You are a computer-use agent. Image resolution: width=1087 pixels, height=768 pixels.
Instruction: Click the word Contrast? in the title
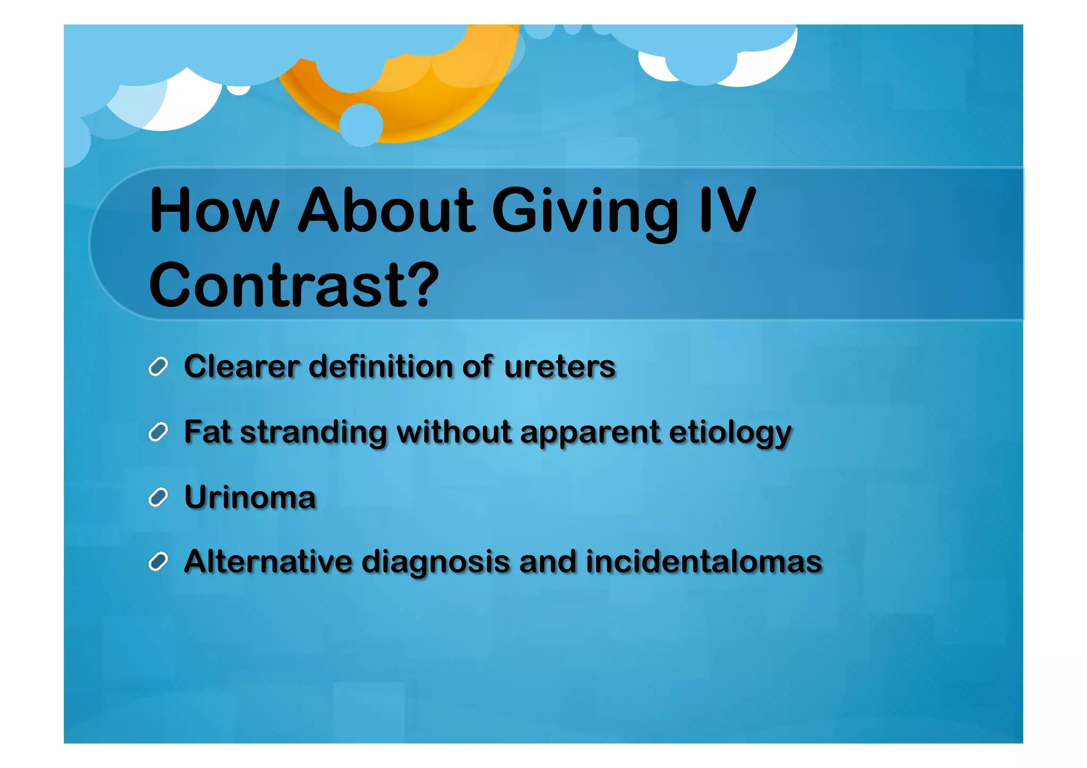pyautogui.click(x=294, y=285)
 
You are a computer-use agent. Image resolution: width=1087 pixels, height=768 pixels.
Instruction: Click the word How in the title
pyautogui.click(x=214, y=211)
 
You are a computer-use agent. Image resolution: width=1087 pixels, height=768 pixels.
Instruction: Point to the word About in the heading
pyautogui.click(x=386, y=211)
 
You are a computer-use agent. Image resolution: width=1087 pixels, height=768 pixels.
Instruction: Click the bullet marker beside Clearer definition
pyautogui.click(x=158, y=367)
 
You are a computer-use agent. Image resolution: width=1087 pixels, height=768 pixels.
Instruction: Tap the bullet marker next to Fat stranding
pyautogui.click(x=158, y=432)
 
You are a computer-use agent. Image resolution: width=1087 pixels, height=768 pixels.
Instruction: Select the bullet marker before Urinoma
pyautogui.click(x=158, y=498)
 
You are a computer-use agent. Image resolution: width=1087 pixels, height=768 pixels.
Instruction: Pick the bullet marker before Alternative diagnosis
pyautogui.click(x=158, y=562)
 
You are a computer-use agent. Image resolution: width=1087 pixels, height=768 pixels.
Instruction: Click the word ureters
pyautogui.click(x=559, y=367)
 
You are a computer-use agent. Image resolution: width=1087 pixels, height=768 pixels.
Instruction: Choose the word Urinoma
pyautogui.click(x=250, y=498)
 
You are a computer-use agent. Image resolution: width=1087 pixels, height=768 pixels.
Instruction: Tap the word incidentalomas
pyautogui.click(x=704, y=562)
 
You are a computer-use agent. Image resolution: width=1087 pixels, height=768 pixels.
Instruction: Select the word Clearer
pyautogui.click(x=241, y=367)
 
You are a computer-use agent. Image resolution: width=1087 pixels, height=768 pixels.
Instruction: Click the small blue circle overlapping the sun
pyautogui.click(x=361, y=125)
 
